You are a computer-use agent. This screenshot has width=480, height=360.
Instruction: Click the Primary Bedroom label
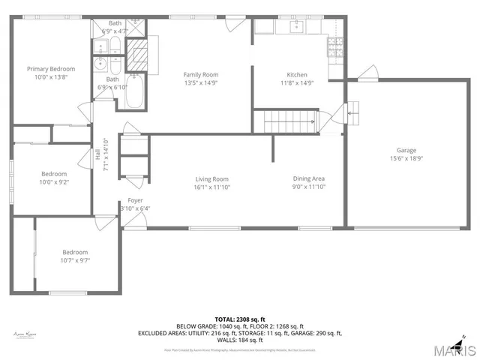tap(52, 69)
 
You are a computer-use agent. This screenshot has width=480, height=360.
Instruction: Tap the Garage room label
tap(406, 150)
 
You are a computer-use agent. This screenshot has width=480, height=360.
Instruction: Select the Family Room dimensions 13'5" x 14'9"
tap(201, 83)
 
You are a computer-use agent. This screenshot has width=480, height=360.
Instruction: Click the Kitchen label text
tap(297, 74)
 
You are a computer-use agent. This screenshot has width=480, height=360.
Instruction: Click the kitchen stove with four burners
tap(335, 49)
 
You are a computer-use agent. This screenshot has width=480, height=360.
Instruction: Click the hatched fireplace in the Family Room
tap(137, 55)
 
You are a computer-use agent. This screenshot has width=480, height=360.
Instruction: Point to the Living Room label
tap(212, 178)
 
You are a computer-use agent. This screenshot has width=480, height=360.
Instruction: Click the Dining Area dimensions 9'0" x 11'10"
tap(308, 187)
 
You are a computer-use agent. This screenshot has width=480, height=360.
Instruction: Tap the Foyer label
tap(135, 200)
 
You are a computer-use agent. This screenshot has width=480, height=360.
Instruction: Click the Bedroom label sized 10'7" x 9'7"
tap(76, 252)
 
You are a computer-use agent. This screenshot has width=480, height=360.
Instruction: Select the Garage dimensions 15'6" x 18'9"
tap(406, 158)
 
